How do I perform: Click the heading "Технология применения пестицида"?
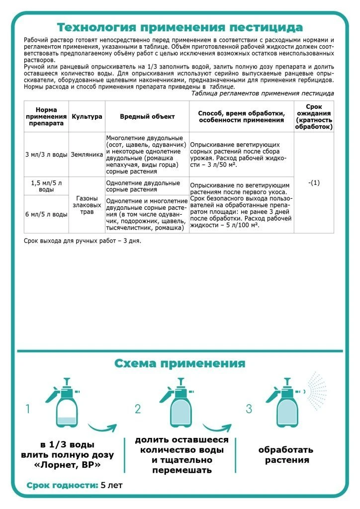[180, 27]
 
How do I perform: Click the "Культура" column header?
[87, 116]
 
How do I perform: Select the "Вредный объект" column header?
[147, 116]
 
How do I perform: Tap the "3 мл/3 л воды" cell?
[46, 154]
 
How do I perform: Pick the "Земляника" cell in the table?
[87, 154]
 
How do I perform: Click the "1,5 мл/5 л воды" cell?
[46, 186]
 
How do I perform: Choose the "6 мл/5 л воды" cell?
[46, 214]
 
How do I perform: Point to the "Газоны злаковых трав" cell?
[87, 205]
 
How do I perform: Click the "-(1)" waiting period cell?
[314, 182]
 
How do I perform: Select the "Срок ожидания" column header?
[314, 116]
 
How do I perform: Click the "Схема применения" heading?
[180, 363]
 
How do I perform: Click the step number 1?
[28, 409]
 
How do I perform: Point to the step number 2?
[138, 409]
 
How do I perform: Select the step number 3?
[249, 409]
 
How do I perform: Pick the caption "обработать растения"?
[285, 455]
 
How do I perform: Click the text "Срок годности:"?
[62, 485]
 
